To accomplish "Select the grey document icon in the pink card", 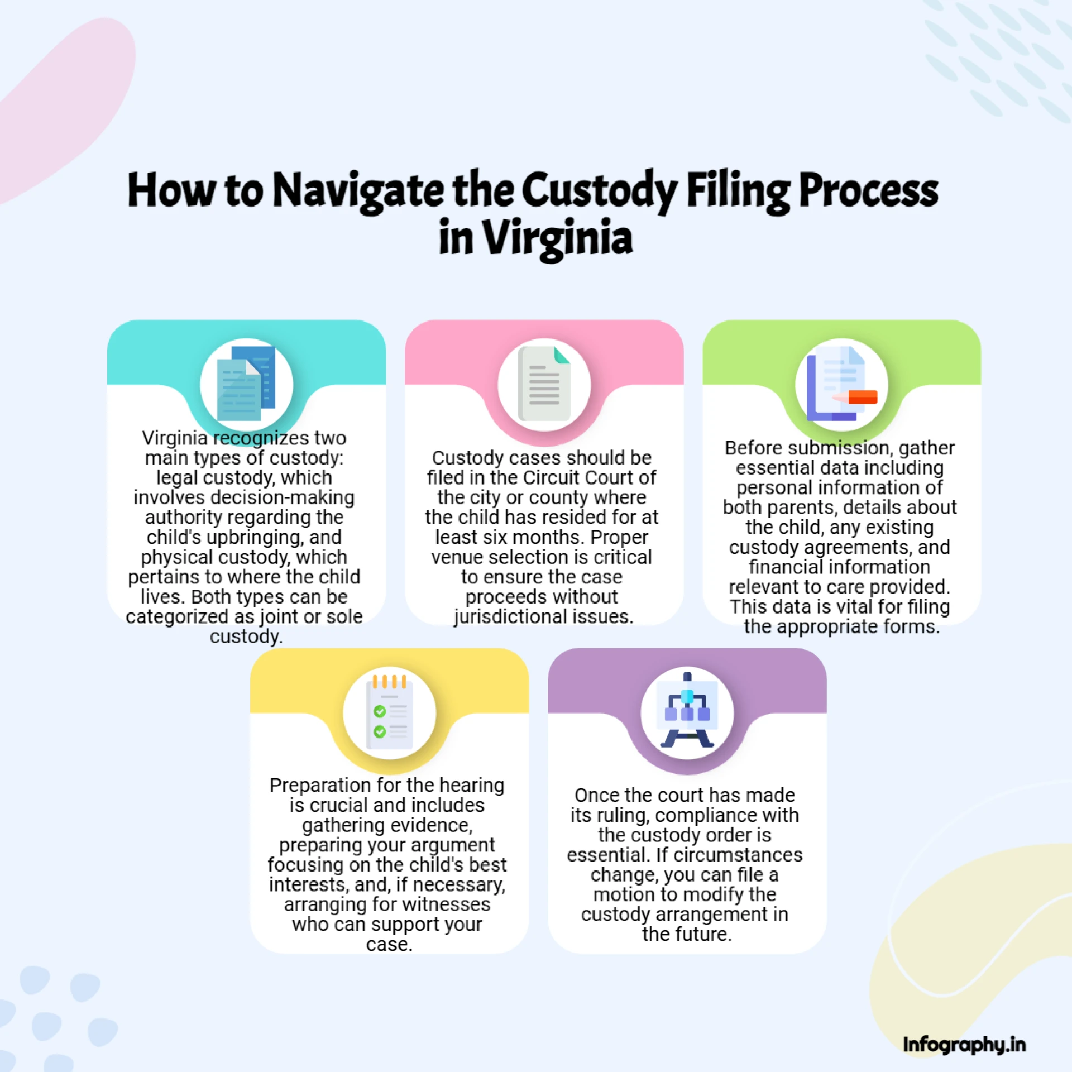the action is pyautogui.click(x=544, y=384).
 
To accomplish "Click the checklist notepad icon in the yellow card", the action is pyautogui.click(x=390, y=712).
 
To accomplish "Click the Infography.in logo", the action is pyautogui.click(x=964, y=1045).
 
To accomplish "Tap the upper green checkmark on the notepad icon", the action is pyautogui.click(x=380, y=711).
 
